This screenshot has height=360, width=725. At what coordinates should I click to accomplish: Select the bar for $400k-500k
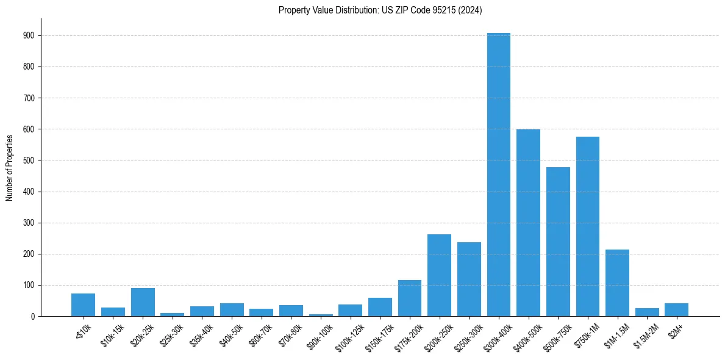pyautogui.click(x=528, y=223)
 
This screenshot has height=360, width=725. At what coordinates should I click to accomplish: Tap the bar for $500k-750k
pyautogui.click(x=558, y=242)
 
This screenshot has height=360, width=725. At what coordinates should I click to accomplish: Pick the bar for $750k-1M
pyautogui.click(x=588, y=226)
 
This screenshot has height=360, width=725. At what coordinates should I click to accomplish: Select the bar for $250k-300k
pyautogui.click(x=469, y=279)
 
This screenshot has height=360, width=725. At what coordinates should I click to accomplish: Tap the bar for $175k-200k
pyautogui.click(x=410, y=298)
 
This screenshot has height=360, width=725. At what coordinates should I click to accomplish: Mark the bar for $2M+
pyautogui.click(x=676, y=310)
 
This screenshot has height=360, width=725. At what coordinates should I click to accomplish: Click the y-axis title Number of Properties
pyautogui.click(x=9, y=167)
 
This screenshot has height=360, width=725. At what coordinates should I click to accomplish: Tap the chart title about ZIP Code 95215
pyautogui.click(x=380, y=10)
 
